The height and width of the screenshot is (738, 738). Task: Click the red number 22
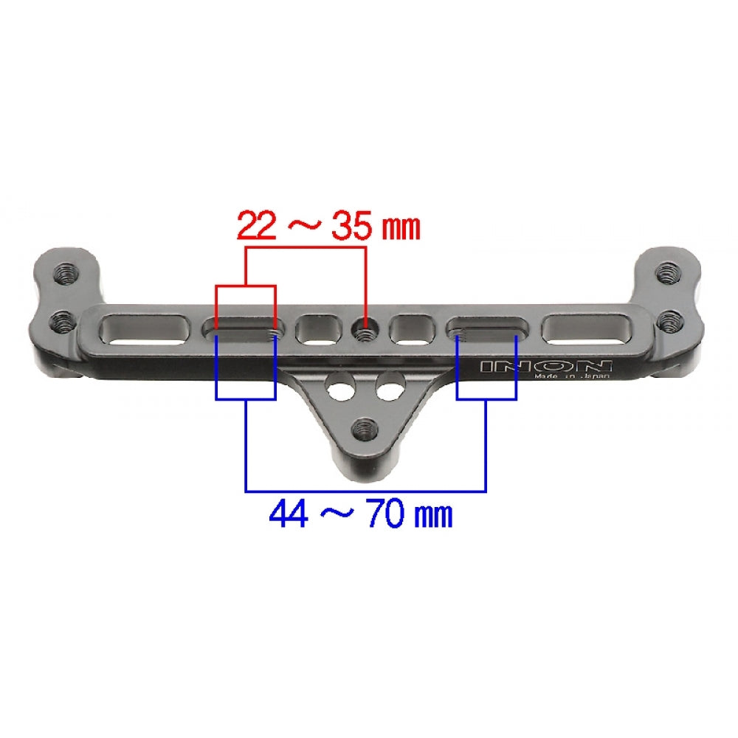pos(256,226)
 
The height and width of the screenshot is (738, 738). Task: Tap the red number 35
pos(351,226)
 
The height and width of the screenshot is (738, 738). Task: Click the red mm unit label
pos(400,229)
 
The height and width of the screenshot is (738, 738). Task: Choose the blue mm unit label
pos(433,516)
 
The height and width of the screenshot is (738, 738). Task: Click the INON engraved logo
pos(545,366)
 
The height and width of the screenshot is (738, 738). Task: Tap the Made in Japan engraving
pos(572,376)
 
